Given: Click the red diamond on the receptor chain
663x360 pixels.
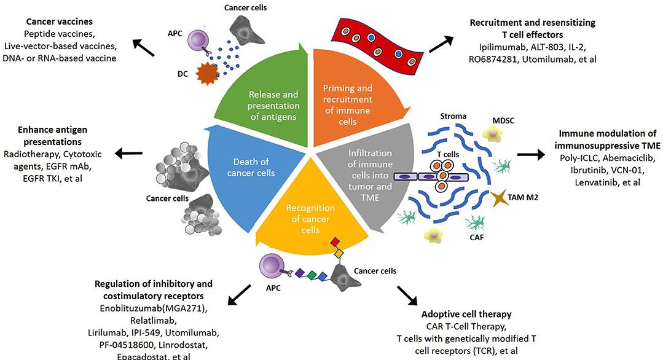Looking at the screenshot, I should [334, 241].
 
